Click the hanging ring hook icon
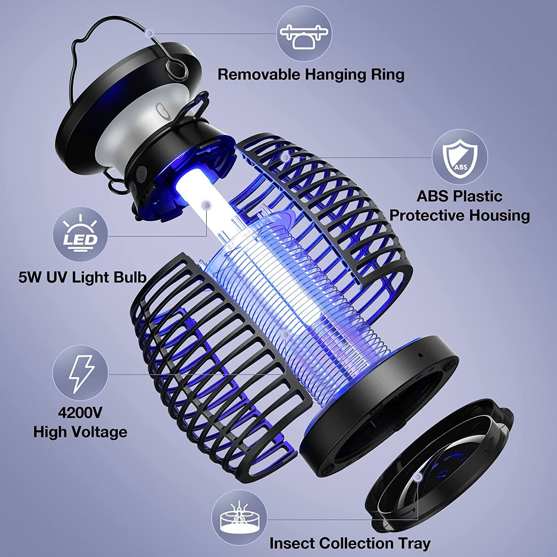[x=304, y=36]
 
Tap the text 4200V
[x=80, y=413]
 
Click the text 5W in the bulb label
[x=29, y=277]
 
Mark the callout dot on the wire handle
[x=149, y=33]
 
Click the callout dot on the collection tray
[x=419, y=476]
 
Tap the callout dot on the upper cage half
[x=285, y=157]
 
